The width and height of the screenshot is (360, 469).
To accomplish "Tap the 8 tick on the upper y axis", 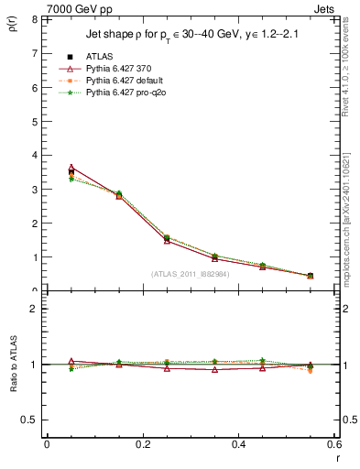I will [x=35, y=19].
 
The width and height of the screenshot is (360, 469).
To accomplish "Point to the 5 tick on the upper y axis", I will [x=35, y=121].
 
